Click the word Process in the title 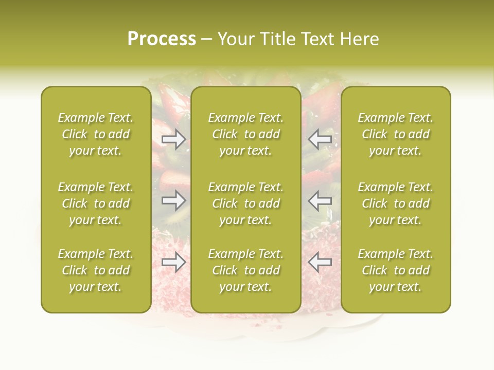point(162,39)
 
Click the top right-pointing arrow point(174,139)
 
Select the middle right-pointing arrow point(174,200)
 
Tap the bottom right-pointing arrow point(174,262)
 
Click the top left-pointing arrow point(320,139)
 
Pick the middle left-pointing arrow point(320,200)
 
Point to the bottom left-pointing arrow point(320,262)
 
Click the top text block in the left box point(96,134)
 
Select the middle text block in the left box point(96,203)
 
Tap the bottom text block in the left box point(96,270)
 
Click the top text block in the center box point(245,134)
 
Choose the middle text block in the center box point(245,203)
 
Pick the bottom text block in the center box point(245,270)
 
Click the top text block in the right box point(395,134)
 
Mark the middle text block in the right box point(395,203)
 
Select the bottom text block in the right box point(395,270)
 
